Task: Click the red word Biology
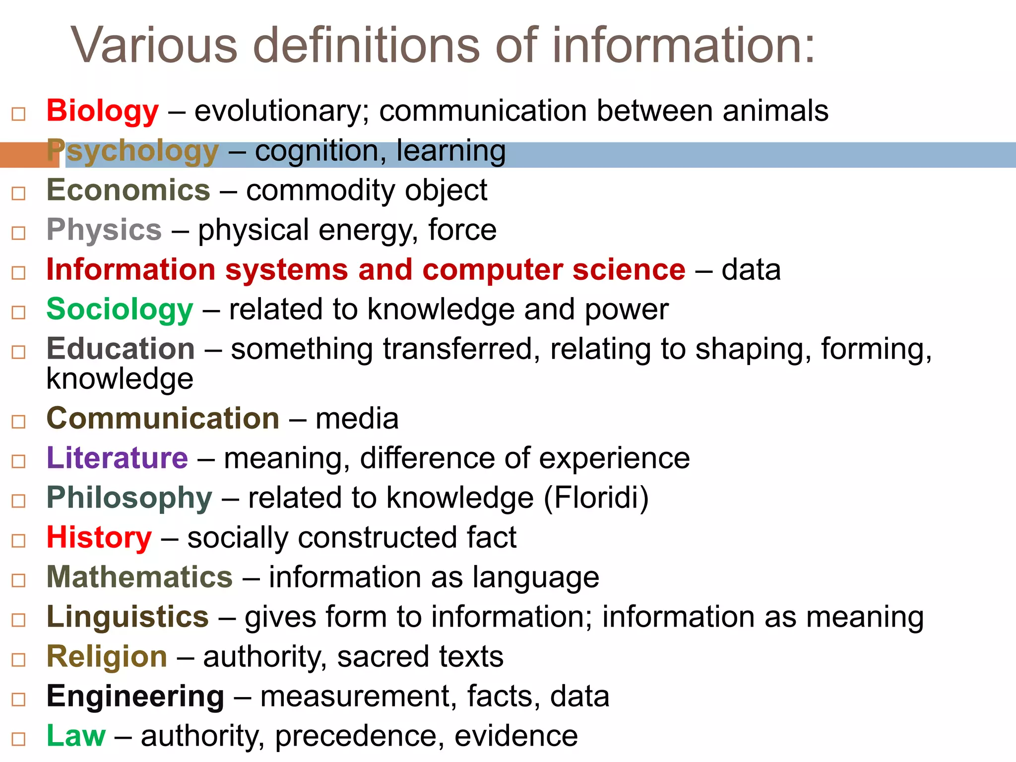click(x=102, y=111)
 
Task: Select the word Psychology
click(x=132, y=151)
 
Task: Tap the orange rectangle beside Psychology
click(x=29, y=155)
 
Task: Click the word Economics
click(x=128, y=190)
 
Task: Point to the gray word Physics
click(x=104, y=230)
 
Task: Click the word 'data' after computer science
click(x=751, y=270)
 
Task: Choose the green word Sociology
click(x=120, y=310)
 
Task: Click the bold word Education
click(x=120, y=349)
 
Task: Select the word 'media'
click(x=357, y=419)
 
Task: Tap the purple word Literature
click(x=117, y=458)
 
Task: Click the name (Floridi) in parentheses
click(x=596, y=498)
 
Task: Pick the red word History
click(x=99, y=538)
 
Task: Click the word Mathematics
click(x=139, y=577)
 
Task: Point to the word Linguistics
click(x=127, y=617)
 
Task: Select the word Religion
click(x=107, y=657)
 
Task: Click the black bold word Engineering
click(x=135, y=697)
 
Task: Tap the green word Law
click(x=76, y=736)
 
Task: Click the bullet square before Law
click(x=18, y=739)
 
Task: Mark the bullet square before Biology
click(x=18, y=114)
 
